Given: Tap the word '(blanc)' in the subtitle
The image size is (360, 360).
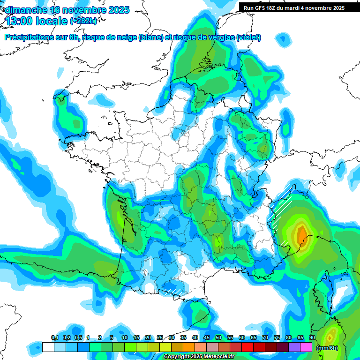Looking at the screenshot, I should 151,37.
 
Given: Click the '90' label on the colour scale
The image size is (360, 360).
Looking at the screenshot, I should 312,338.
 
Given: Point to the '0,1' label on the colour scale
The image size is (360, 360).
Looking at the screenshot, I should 54,338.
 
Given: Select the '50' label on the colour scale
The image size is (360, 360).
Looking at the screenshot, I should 218,338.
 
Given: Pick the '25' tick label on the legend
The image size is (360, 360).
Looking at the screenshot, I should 160,338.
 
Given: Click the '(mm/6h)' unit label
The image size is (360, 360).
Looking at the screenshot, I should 327,348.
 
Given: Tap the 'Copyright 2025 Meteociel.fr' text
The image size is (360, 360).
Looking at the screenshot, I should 199,356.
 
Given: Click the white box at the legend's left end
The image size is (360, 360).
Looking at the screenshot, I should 48,347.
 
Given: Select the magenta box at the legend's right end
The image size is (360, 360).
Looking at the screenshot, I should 306,347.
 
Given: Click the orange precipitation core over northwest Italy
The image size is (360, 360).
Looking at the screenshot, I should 302,233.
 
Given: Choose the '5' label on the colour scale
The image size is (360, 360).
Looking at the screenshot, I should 112,338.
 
